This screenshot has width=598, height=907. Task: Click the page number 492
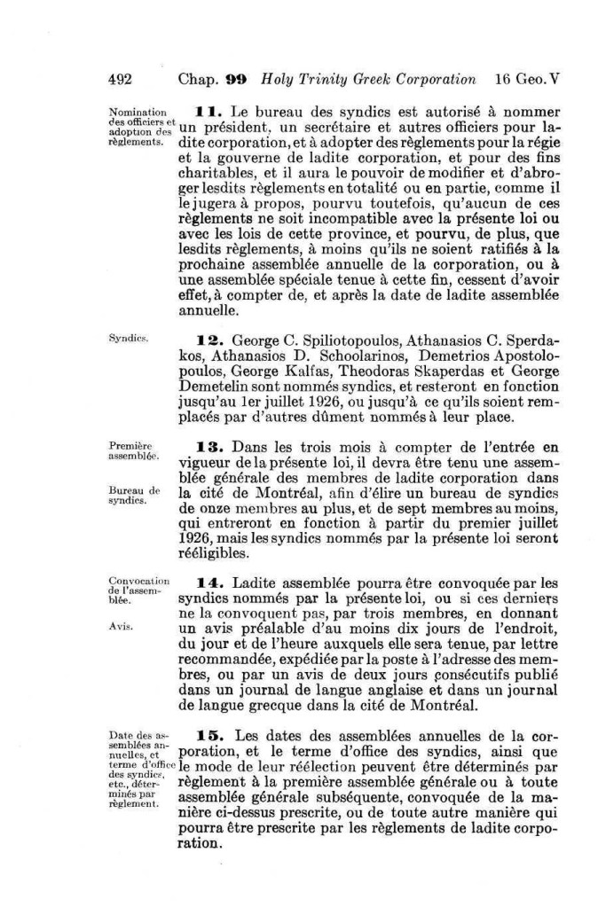coord(120,78)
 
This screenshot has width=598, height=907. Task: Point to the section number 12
coord(206,338)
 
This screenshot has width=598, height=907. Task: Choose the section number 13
coord(206,445)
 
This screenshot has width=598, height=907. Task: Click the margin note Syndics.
coord(124,339)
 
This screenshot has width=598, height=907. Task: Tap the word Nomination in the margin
coord(137,113)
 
